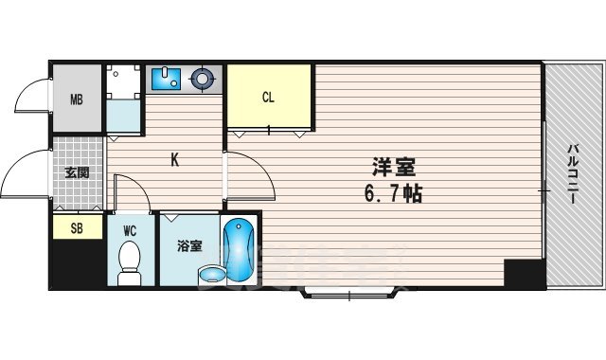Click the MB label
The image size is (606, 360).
(76, 98)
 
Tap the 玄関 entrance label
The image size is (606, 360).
(76, 173)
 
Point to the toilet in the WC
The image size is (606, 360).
(129, 261)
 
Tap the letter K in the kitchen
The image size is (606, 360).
(175, 159)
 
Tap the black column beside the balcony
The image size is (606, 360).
(524, 273)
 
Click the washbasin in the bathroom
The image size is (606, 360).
(213, 275)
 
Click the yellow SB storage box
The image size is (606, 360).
(76, 226)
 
